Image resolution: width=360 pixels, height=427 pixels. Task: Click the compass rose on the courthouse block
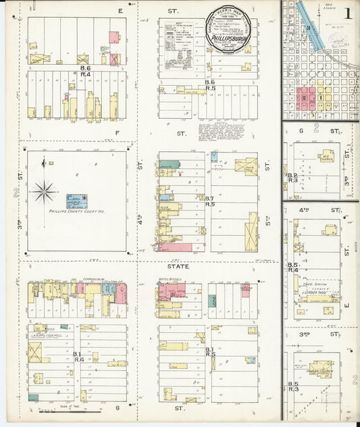pos(45,191)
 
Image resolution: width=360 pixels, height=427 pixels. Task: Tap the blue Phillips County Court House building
pos(76,201)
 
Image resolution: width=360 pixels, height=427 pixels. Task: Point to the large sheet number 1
pos(346,13)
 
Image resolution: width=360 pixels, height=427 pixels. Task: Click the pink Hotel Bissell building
pos(172,293)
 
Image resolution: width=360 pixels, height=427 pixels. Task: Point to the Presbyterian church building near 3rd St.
pos(320,369)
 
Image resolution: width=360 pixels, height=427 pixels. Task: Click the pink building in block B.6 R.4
pos(114,36)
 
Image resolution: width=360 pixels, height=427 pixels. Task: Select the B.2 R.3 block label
pos(292,178)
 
